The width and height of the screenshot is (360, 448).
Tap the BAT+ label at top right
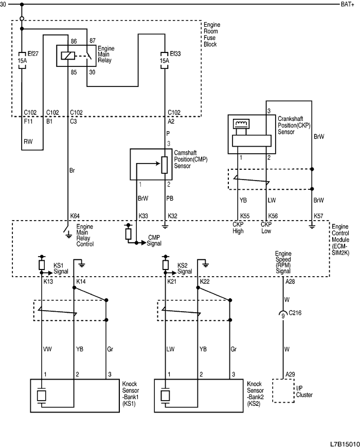[347, 5]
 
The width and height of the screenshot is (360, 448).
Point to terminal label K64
[76, 216]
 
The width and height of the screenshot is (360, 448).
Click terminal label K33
[144, 216]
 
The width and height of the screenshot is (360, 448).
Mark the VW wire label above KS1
[48, 349]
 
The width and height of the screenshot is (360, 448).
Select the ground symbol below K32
[165, 225]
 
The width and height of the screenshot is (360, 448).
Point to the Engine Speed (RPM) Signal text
[283, 263]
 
